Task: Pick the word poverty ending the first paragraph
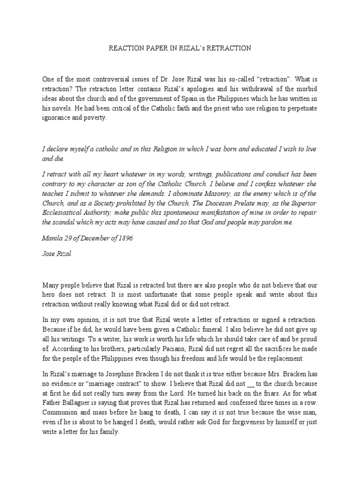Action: (94, 118)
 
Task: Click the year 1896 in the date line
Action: (124, 238)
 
